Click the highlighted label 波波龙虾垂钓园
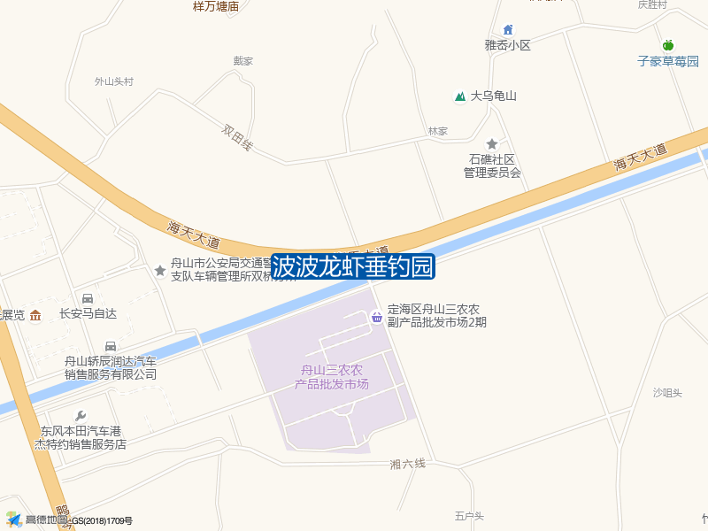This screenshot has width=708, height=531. pyautogui.click(x=352, y=265)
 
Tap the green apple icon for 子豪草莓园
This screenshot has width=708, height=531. pyautogui.click(x=668, y=45)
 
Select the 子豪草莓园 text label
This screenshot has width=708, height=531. pyautogui.click(x=668, y=62)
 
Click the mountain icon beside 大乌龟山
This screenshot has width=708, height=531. pyautogui.click(x=459, y=96)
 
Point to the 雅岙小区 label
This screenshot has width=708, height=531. pyautogui.click(x=507, y=45)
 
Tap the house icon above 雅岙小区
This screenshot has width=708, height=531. pyautogui.click(x=507, y=30)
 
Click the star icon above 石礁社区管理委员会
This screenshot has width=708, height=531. pyautogui.click(x=492, y=143)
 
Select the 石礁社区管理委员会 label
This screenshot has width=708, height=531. pyautogui.click(x=492, y=165)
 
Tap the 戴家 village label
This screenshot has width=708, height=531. pyautogui.click(x=243, y=61)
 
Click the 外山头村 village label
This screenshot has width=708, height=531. pyautogui.click(x=113, y=81)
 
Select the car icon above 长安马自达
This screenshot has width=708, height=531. pyautogui.click(x=88, y=298)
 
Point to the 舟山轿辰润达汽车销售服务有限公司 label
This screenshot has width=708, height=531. pyautogui.click(x=111, y=367)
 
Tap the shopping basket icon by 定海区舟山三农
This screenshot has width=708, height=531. pyautogui.click(x=376, y=316)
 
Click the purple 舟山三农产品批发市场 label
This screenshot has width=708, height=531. pyautogui.click(x=332, y=377)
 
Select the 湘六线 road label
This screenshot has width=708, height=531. pyautogui.click(x=408, y=464)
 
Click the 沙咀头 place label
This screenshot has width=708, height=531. pyautogui.click(x=667, y=393)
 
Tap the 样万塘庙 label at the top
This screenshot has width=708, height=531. pyautogui.click(x=216, y=6)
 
